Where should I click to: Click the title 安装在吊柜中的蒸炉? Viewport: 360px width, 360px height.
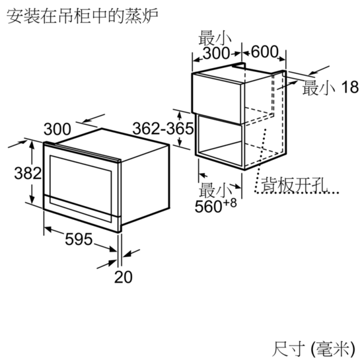83,16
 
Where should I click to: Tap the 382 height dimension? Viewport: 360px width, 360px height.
28,173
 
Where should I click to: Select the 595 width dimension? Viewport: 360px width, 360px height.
79,239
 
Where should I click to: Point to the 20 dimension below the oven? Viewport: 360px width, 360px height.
124,277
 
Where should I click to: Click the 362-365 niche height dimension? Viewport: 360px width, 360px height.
163,128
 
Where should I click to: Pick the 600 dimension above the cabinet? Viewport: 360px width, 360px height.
264,52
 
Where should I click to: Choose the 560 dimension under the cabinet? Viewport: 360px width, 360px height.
208,207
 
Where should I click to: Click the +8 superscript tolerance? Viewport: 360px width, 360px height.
229,203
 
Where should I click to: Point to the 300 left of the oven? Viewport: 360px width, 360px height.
57,129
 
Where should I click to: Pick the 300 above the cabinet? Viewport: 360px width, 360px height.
216,54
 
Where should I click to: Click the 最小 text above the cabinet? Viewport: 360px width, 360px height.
215,38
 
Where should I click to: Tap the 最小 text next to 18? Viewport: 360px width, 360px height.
318,88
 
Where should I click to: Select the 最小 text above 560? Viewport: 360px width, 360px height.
215,190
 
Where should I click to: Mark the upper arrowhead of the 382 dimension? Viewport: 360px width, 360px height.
32,144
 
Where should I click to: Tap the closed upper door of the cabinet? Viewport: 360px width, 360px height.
216,98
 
